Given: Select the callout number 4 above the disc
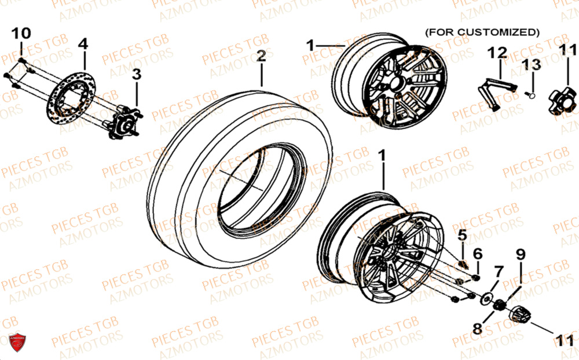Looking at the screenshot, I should [83, 43].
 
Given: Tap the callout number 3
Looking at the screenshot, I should [137, 74].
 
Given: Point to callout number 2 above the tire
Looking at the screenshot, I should [261, 56].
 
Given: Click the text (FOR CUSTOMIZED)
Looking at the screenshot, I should [482, 31].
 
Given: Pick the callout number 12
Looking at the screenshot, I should [497, 53].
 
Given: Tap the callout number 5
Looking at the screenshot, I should [462, 235].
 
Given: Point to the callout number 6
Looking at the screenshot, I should [478, 254].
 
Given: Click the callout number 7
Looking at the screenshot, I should [498, 271].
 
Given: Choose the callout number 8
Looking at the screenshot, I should [477, 329].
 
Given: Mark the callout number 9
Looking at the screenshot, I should [521, 253].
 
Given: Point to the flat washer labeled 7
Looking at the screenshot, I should [486, 297].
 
